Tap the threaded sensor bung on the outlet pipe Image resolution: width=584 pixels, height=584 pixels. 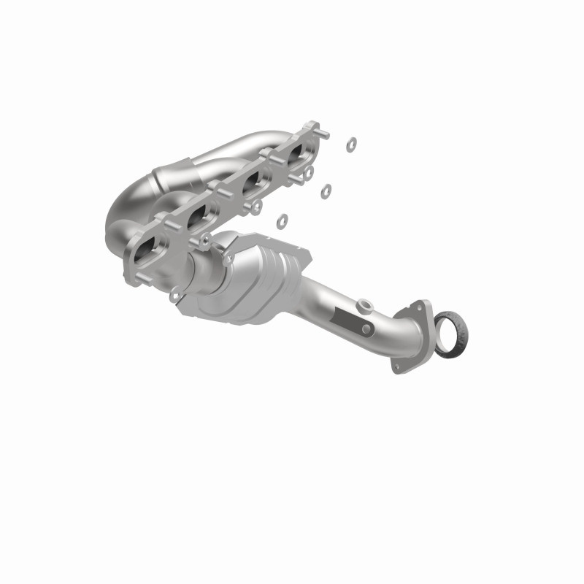click(363, 304)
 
